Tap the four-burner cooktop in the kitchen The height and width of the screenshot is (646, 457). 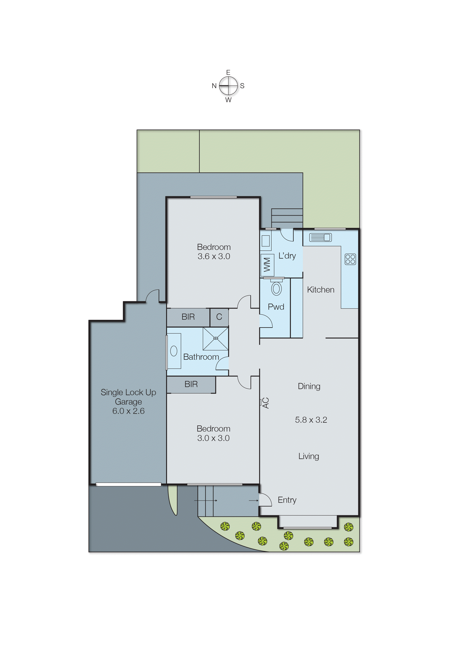tap(350, 259)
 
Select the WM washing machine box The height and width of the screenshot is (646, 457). tap(267, 265)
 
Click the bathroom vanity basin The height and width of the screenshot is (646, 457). tap(174, 351)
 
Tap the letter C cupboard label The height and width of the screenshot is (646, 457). tap(219, 317)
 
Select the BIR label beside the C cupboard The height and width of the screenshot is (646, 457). tap(188, 317)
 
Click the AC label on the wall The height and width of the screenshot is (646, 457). tap(266, 403)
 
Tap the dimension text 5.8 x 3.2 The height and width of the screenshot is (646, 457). tap(311, 420)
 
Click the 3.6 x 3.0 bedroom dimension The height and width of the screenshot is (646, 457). tap(214, 256)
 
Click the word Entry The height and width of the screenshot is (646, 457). tap(287, 500)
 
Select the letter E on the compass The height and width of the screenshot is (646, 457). tap(228, 72)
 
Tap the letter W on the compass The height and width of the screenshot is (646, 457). tap(228, 100)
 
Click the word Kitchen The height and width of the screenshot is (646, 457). tap(321, 290)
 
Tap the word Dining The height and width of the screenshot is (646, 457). tap(309, 386)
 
